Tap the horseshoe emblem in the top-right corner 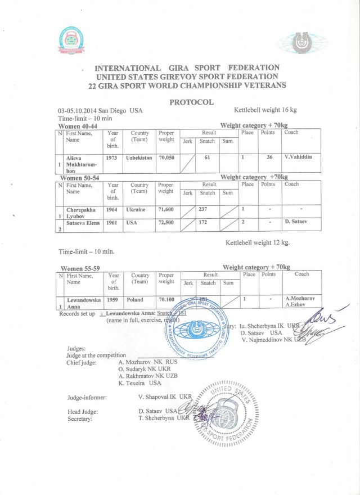309,43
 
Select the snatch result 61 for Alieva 207,158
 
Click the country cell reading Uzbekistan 139,158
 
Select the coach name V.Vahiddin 301,157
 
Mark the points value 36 269,157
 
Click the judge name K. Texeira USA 140,383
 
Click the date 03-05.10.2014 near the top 83,111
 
